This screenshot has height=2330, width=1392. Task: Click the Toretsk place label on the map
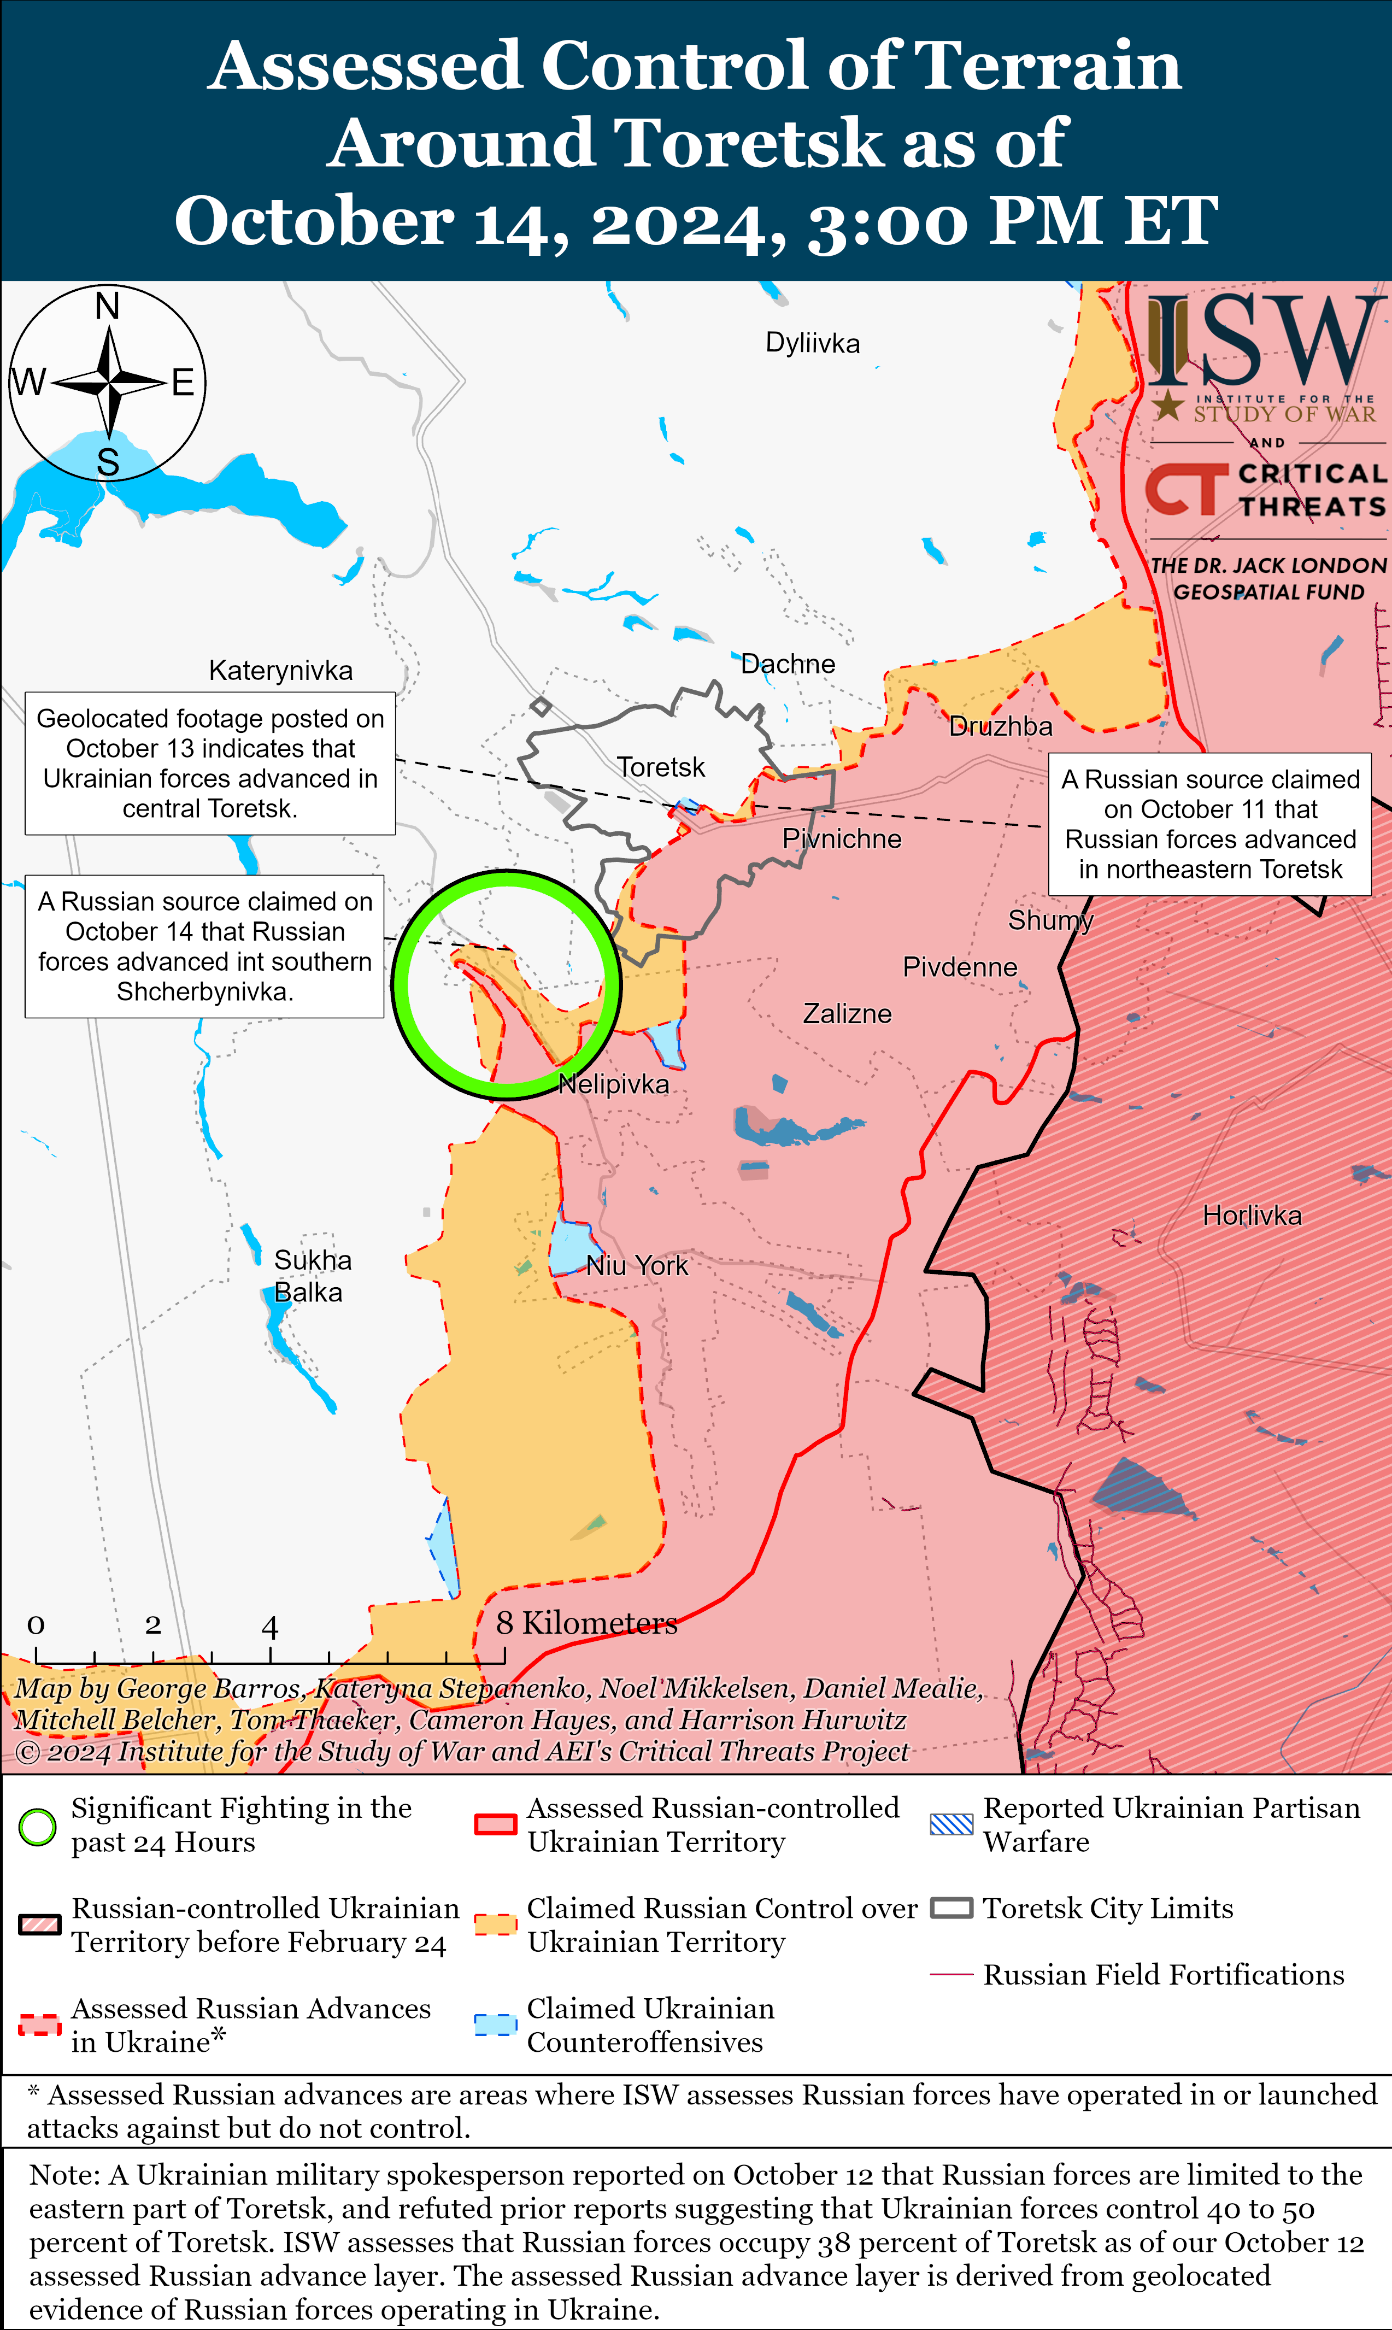[x=660, y=767]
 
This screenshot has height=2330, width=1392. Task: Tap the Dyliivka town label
[x=812, y=343]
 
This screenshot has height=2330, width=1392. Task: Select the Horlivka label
[x=1252, y=1216]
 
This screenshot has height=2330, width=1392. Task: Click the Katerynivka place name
[x=280, y=671]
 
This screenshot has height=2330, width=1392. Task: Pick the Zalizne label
[x=847, y=1014]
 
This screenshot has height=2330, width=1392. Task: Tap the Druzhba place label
[x=1001, y=727]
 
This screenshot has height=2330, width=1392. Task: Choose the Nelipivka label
[x=614, y=1084]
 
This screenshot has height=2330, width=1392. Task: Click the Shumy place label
[x=1050, y=920]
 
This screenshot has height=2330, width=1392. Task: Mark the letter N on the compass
[x=108, y=307]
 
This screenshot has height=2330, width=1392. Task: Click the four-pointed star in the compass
[x=110, y=383]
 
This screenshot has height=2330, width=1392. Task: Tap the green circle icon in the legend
[x=38, y=1826]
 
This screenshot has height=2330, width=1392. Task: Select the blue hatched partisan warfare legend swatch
[x=951, y=1824]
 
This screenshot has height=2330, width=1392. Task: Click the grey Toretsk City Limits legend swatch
[x=951, y=1909]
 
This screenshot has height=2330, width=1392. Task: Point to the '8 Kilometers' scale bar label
[x=586, y=1623]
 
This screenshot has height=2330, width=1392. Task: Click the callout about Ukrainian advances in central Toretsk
[x=210, y=764]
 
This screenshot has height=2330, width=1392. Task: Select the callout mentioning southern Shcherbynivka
[x=204, y=947]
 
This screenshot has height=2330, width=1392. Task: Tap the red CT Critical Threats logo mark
[x=1185, y=490]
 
